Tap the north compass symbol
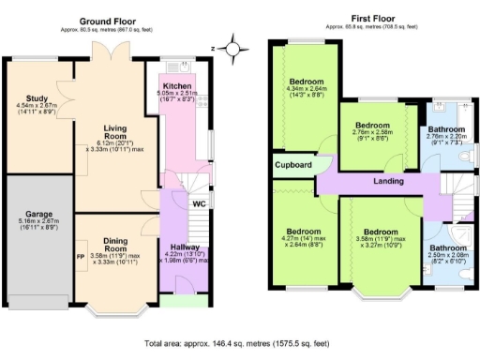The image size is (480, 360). [232, 45]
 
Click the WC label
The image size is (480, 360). [198, 203]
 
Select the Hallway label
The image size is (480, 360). [185, 247]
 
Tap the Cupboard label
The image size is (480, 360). [292, 164]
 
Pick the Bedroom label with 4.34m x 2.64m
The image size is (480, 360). [307, 81]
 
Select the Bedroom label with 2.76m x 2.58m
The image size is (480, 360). [371, 125]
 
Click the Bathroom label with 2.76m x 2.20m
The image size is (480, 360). [445, 130]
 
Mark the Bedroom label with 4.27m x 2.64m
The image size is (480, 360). [305, 232]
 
